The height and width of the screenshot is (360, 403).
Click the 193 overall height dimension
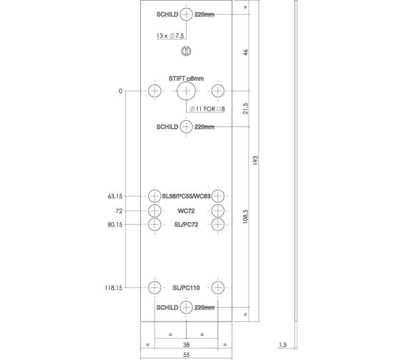pos(255,160)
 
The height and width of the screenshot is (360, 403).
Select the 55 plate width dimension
pos(186,355)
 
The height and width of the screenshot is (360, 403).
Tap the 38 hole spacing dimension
pos(186,345)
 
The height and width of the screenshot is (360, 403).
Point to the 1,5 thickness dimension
pos(283,345)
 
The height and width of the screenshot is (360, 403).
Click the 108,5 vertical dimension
pos(245,217)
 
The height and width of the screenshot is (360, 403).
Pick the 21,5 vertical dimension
pos(245,109)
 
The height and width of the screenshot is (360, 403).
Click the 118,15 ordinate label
pos(114,288)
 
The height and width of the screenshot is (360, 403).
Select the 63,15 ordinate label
pos(115,196)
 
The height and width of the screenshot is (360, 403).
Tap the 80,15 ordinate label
pos(115,225)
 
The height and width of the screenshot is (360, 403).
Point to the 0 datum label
pos(120,91)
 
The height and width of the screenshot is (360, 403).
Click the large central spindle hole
pos(186,91)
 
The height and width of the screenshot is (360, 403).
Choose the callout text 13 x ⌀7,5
pos(170,35)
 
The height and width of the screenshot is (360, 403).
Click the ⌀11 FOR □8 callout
pos(207,109)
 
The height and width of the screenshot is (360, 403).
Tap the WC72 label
pos(186,211)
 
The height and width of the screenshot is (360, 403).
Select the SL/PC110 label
pos(186,288)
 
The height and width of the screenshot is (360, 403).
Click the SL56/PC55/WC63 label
pos(186,196)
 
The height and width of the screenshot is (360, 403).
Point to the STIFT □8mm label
pos(186,78)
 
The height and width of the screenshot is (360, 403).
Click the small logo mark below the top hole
pos(186,51)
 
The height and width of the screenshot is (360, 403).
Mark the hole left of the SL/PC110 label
pos(154,287)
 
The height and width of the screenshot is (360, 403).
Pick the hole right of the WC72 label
pos(218,211)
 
